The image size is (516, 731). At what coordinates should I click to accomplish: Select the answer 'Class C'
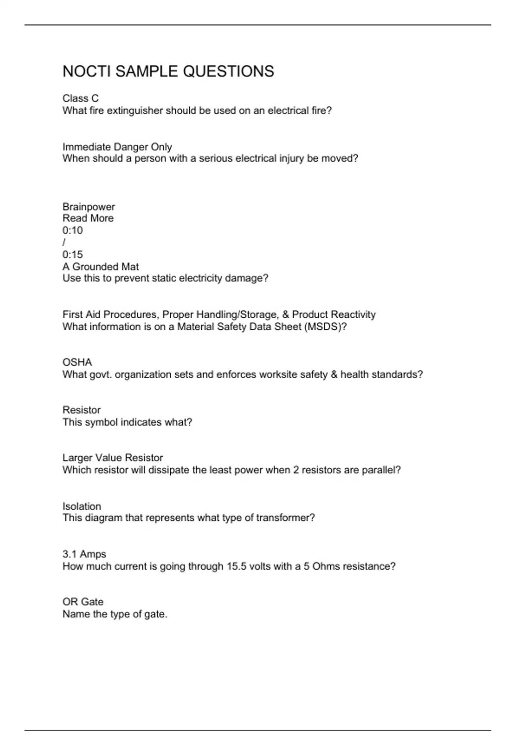pyautogui.click(x=80, y=98)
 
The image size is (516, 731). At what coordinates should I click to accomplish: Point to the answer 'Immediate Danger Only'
pyautogui.click(x=117, y=147)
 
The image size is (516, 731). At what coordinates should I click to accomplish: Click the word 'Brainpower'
pyautogui.click(x=89, y=207)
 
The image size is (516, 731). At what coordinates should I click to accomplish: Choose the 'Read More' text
pyautogui.click(x=88, y=218)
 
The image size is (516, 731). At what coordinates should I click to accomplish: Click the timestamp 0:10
pyautogui.click(x=72, y=230)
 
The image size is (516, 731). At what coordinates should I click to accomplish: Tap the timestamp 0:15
pyautogui.click(x=72, y=255)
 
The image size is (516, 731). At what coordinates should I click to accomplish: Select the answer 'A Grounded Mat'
pyautogui.click(x=100, y=267)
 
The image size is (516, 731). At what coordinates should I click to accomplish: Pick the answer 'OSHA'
pyautogui.click(x=77, y=362)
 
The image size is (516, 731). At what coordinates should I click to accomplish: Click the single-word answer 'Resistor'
pyautogui.click(x=81, y=410)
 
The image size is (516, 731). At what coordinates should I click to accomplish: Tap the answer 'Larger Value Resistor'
pyautogui.click(x=113, y=458)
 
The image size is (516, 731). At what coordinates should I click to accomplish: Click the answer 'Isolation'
pyautogui.click(x=82, y=506)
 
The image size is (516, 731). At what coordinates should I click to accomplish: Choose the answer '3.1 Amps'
pyautogui.click(x=84, y=554)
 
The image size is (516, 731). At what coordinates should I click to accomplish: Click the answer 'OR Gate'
pyautogui.click(x=83, y=602)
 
